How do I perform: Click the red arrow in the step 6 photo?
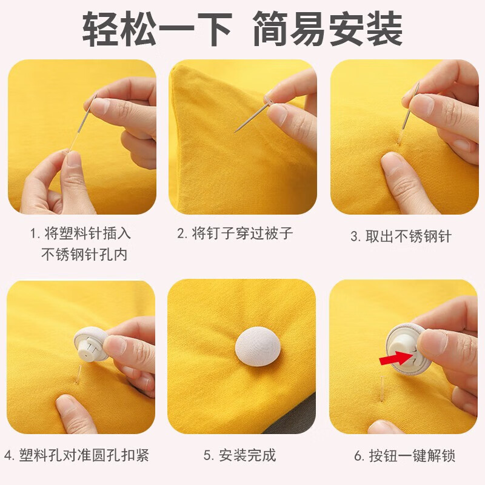(393, 360)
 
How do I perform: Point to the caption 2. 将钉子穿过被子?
(235, 233)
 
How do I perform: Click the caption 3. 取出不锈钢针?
(401, 236)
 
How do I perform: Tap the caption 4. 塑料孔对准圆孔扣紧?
(77, 455)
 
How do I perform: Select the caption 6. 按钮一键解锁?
(404, 455)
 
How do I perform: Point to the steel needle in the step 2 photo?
(250, 118)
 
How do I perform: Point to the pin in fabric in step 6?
(383, 388)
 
